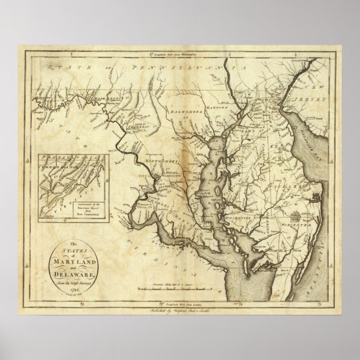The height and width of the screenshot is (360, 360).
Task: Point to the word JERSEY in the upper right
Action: (x=316, y=97)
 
